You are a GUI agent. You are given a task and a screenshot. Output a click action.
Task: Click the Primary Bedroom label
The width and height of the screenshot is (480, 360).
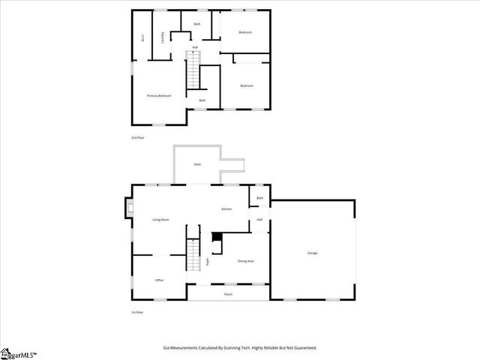pos(159,96)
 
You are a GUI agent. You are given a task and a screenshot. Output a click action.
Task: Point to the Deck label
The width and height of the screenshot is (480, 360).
pos(197,163)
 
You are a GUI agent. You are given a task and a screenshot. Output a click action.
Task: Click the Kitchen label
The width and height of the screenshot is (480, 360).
pos(226,208)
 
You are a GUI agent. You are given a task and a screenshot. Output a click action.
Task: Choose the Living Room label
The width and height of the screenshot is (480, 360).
pos(160,220)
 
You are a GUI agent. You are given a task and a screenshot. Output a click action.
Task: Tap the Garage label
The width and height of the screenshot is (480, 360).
pos(312,253)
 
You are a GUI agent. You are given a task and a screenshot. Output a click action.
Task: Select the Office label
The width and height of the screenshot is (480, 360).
pos(159,280)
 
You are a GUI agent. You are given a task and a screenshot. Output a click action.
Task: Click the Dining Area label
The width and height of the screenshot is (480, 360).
pos(245,261)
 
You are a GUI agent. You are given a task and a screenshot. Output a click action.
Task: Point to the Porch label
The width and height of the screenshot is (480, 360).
pos(228,295)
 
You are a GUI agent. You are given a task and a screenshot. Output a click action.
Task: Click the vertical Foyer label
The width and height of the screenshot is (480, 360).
pos(208,262)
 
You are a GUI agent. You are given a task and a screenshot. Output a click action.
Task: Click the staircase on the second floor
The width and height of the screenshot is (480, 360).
pos(195,73)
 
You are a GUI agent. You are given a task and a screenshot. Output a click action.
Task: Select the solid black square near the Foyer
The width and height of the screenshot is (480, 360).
pos(217,238)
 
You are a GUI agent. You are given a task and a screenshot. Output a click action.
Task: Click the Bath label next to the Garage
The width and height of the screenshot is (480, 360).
pos(259,198)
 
